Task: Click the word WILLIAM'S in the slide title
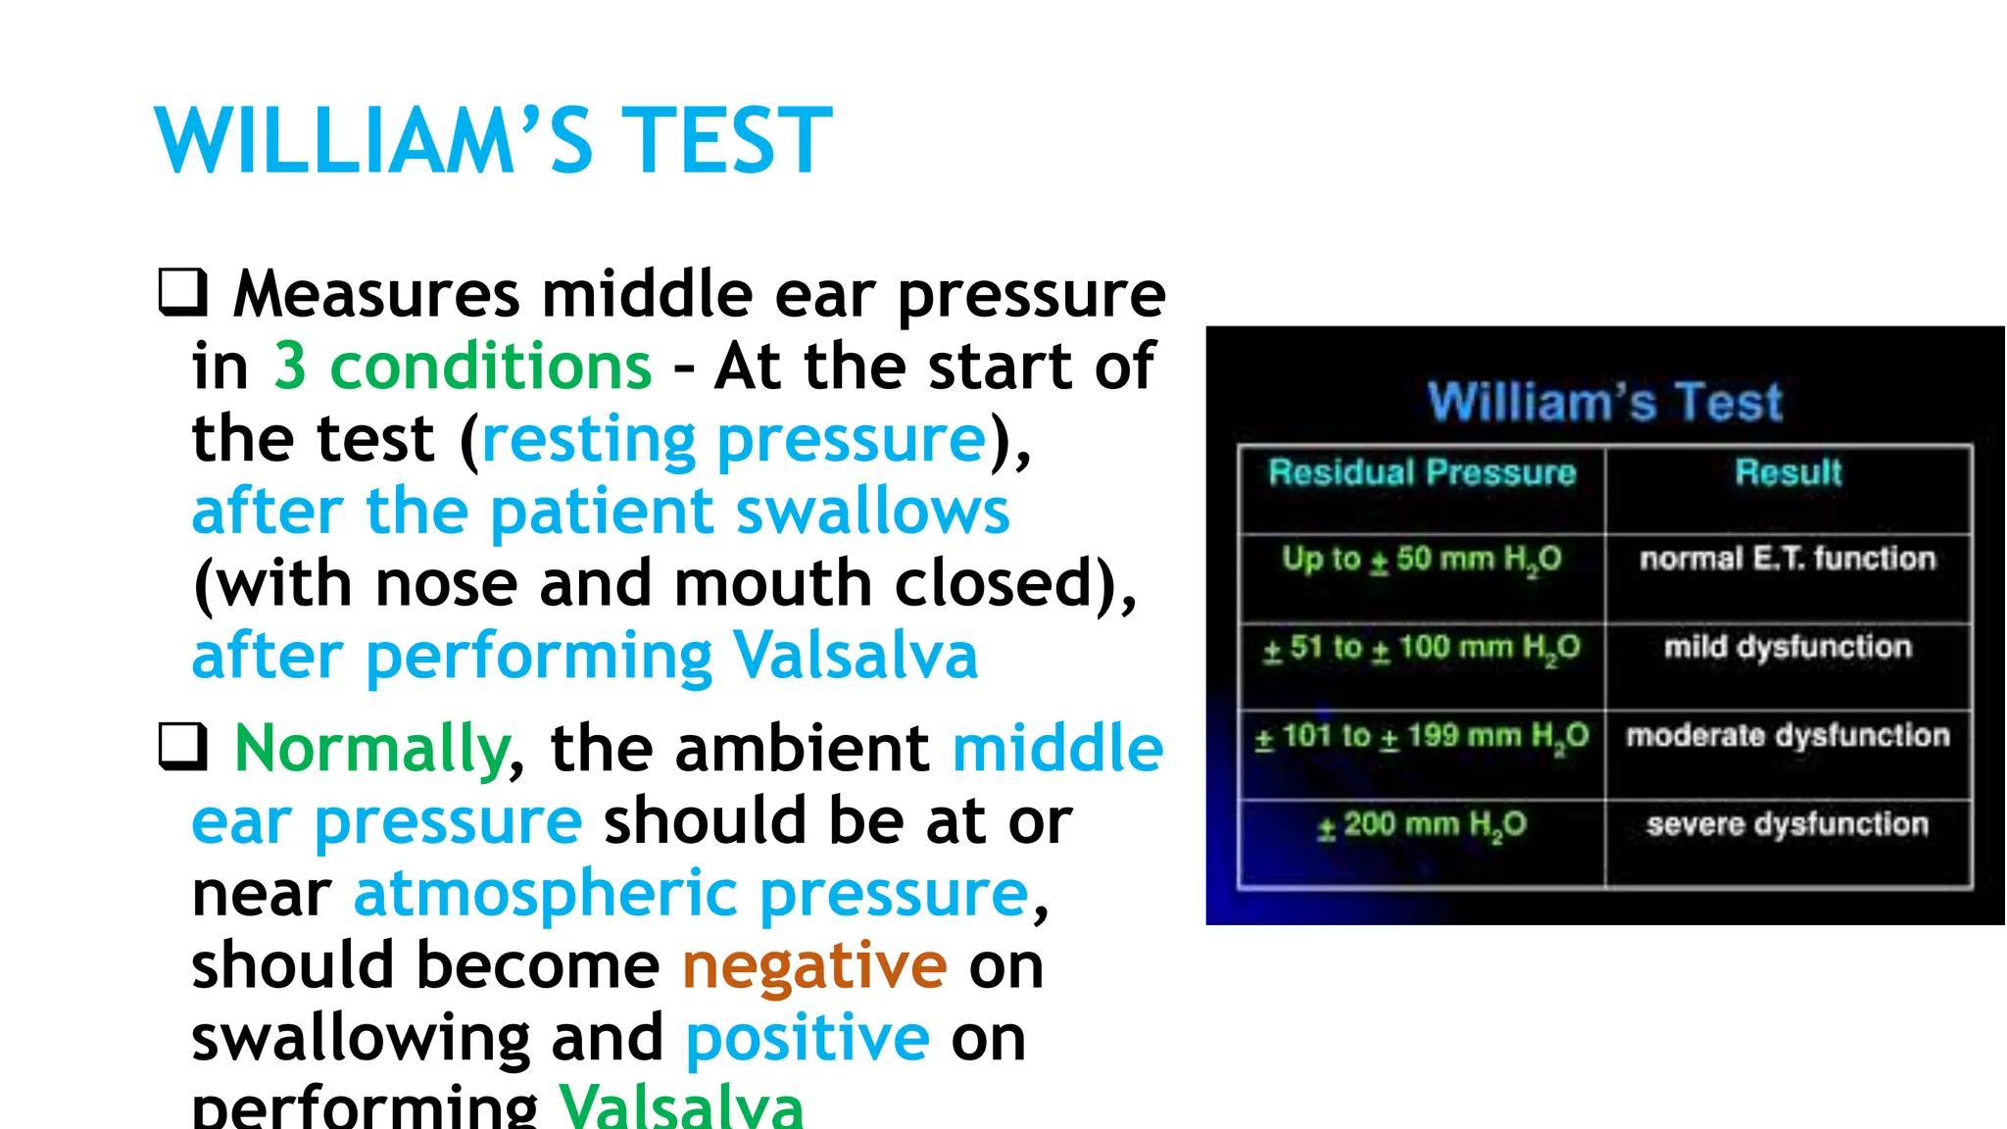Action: point(373,141)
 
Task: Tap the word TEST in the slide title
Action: point(727,141)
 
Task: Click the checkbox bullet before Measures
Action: point(183,293)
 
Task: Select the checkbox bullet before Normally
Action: point(183,747)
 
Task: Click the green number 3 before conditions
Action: point(290,367)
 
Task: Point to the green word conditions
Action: point(491,367)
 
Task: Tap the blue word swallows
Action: point(872,512)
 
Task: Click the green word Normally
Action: point(372,749)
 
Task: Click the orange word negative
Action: point(814,965)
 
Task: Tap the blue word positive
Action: point(808,1038)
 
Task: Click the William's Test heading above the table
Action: point(1604,402)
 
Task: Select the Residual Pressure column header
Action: point(1422,473)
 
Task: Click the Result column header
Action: point(1788,473)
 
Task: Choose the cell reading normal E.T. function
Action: point(1787,559)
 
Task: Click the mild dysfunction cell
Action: point(1787,647)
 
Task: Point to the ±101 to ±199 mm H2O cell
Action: point(1422,736)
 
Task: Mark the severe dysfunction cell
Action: point(1787,824)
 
